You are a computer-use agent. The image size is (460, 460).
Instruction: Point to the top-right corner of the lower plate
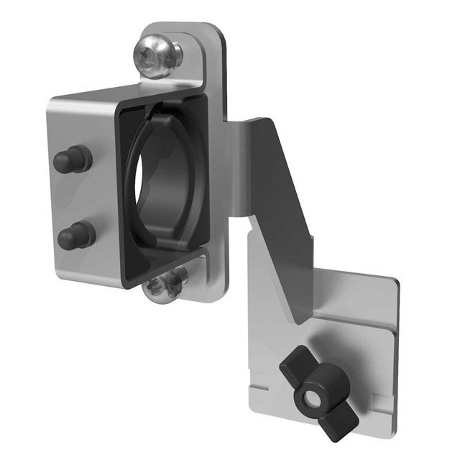click(394, 279)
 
